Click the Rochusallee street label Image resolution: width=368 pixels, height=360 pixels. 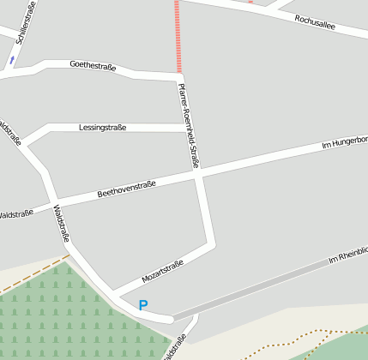coord(314,23)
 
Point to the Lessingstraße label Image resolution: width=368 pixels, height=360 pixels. coord(102,128)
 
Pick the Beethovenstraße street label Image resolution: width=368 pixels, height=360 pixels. coord(126,189)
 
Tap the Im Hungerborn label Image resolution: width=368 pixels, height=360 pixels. coord(344,142)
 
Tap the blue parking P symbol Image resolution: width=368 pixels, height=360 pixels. coord(143,305)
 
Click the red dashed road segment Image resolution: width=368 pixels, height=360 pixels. coord(178,34)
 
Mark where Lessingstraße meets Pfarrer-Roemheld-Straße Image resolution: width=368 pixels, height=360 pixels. coord(185,128)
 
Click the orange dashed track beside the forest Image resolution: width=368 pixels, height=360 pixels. coord(34,273)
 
